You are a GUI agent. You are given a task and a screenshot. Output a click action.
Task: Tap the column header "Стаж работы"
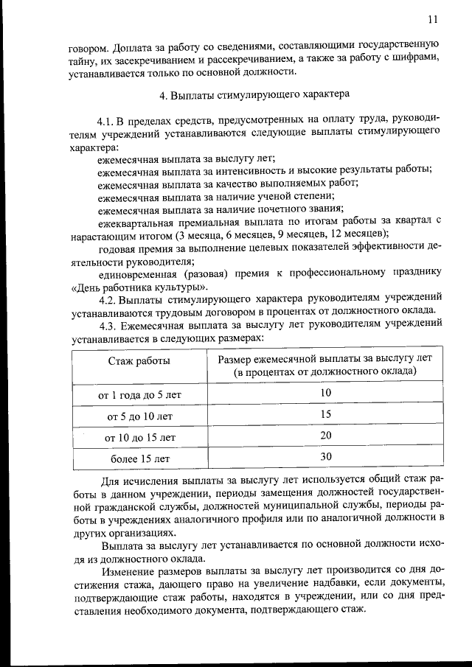pos(139,360)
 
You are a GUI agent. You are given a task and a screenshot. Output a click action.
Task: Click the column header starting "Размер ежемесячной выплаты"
pos(325,365)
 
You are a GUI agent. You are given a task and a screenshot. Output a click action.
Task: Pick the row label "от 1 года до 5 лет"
pos(139,395)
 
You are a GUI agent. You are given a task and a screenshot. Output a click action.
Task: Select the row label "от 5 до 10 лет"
pos(139,416)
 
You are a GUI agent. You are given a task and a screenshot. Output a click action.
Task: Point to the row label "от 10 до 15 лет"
pos(139,437)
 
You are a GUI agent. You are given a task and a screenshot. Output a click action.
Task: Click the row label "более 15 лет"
pos(139,458)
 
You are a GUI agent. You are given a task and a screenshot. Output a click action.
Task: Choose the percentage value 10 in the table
pos(325,394)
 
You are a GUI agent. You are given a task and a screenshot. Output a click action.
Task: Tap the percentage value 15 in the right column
pos(325,415)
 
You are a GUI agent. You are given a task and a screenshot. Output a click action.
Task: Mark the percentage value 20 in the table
pos(325,436)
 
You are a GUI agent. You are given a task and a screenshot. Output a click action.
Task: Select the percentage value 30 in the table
pos(325,457)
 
